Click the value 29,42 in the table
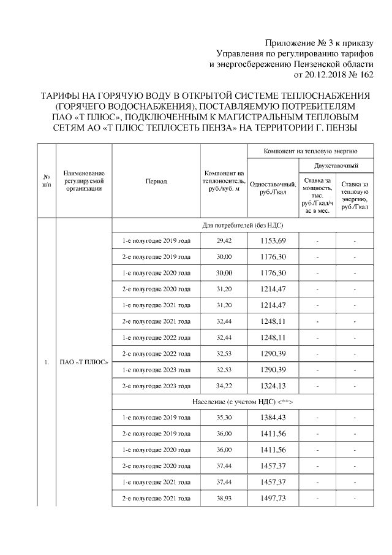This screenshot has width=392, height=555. tap(224, 241)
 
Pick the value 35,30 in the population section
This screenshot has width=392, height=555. tap(224, 418)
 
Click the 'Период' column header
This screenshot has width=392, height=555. tap(156, 181)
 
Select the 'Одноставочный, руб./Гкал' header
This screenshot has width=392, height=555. tap(273, 189)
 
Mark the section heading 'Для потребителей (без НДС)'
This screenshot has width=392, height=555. tap(242, 225)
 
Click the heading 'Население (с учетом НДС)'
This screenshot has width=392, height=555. tap(242, 402)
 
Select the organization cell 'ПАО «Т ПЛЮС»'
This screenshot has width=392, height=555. tap(83, 362)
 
